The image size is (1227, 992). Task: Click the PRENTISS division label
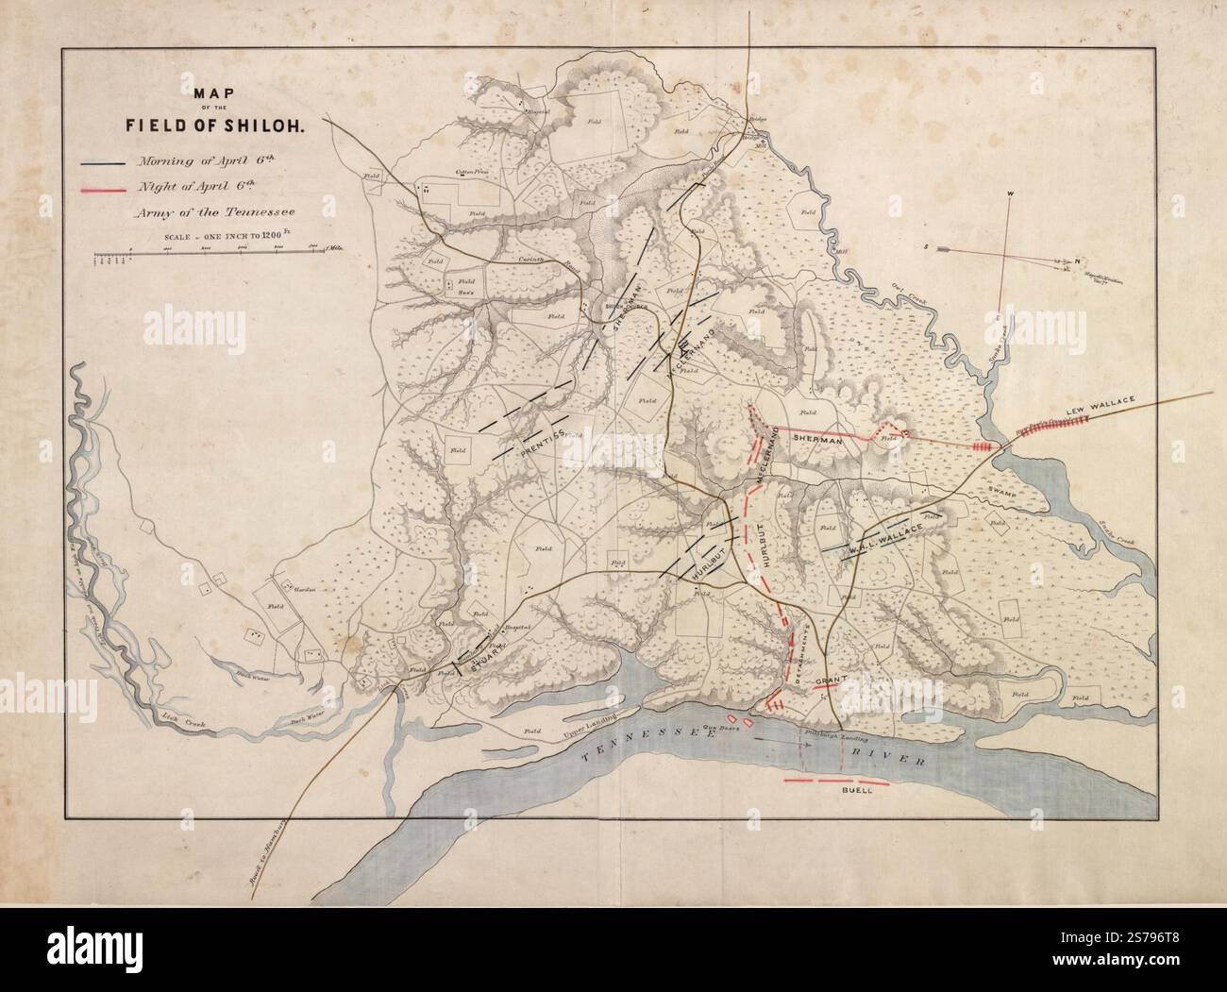pos(542,444)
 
